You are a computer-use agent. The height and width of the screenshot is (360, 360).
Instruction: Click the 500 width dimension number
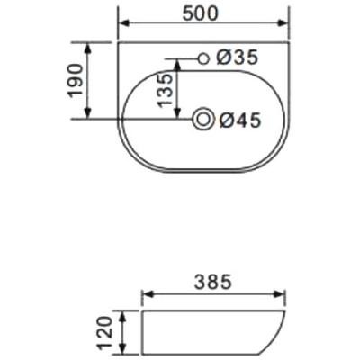[200, 13]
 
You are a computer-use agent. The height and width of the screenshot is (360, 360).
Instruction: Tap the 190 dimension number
[75, 80]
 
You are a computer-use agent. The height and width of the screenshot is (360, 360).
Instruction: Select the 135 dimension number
[166, 90]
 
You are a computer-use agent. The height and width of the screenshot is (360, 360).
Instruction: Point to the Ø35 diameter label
[237, 58]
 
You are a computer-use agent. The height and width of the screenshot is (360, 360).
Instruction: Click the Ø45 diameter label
[240, 121]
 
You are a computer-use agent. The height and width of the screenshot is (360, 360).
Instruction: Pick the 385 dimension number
[213, 283]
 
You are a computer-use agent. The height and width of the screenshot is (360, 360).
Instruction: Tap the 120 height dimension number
[105, 334]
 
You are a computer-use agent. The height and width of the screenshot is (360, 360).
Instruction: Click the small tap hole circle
[204, 58]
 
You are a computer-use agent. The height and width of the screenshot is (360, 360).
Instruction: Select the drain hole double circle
[203, 120]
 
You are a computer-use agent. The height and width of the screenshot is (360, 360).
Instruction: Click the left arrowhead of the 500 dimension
[124, 22]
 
